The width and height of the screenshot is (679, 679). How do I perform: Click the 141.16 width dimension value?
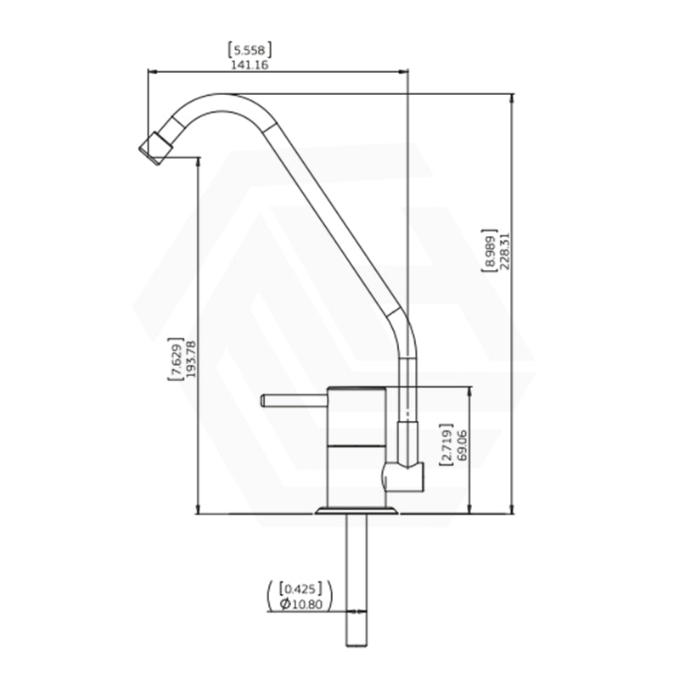pyautogui.click(x=250, y=65)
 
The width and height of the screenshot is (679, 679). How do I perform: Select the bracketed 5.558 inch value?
pyautogui.click(x=250, y=50)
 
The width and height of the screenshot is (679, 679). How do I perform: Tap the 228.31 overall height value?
pyautogui.click(x=505, y=251)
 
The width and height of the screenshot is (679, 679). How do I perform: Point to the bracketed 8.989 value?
pyautogui.click(x=490, y=250)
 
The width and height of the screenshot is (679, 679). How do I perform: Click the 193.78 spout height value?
pyautogui.click(x=190, y=359)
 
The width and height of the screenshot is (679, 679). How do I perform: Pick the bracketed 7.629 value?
pyautogui.click(x=176, y=359)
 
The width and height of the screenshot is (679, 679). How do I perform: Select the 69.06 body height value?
pyautogui.click(x=462, y=445)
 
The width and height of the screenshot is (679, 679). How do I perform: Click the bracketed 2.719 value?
pyautogui.click(x=446, y=444)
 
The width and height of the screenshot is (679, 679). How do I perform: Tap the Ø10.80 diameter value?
pyautogui.click(x=301, y=603)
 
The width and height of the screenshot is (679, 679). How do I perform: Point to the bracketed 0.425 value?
pyautogui.click(x=301, y=589)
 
